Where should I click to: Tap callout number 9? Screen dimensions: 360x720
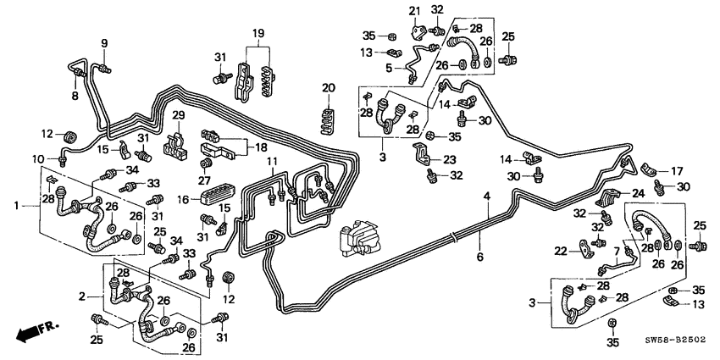point(105,43)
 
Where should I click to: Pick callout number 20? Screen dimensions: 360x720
point(328,87)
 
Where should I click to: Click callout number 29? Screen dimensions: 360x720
point(178,114)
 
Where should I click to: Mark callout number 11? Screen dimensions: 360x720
point(271,161)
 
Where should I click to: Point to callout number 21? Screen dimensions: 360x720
point(415,10)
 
